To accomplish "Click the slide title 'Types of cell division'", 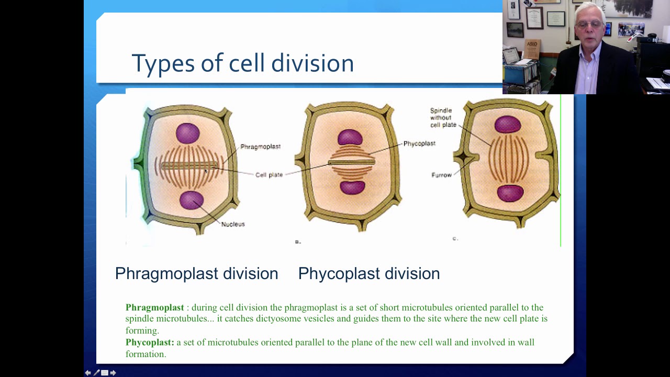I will tap(242, 63).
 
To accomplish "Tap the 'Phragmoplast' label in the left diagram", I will tap(260, 147).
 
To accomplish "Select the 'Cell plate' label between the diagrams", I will tap(269, 175).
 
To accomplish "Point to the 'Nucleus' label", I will tap(233, 224).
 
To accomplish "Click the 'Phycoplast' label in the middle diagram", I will tap(419, 143).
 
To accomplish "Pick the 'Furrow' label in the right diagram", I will tap(441, 175).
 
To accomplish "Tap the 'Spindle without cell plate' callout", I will tap(442, 118).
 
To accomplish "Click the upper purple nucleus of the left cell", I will tap(187, 133).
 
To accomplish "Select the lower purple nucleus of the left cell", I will tap(191, 200).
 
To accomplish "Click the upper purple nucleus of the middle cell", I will tap(350, 138).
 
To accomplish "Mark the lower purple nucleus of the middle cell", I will tap(352, 187).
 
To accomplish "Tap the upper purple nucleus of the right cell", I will tap(507, 125).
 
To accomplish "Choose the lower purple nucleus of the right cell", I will tap(510, 193).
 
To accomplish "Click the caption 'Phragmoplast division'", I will tap(196, 273).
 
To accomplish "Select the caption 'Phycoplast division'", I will tap(368, 273).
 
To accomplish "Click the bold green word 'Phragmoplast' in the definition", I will tap(154, 307).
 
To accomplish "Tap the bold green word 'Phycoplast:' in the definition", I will tap(150, 342).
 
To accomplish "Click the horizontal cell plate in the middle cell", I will tap(351, 162).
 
